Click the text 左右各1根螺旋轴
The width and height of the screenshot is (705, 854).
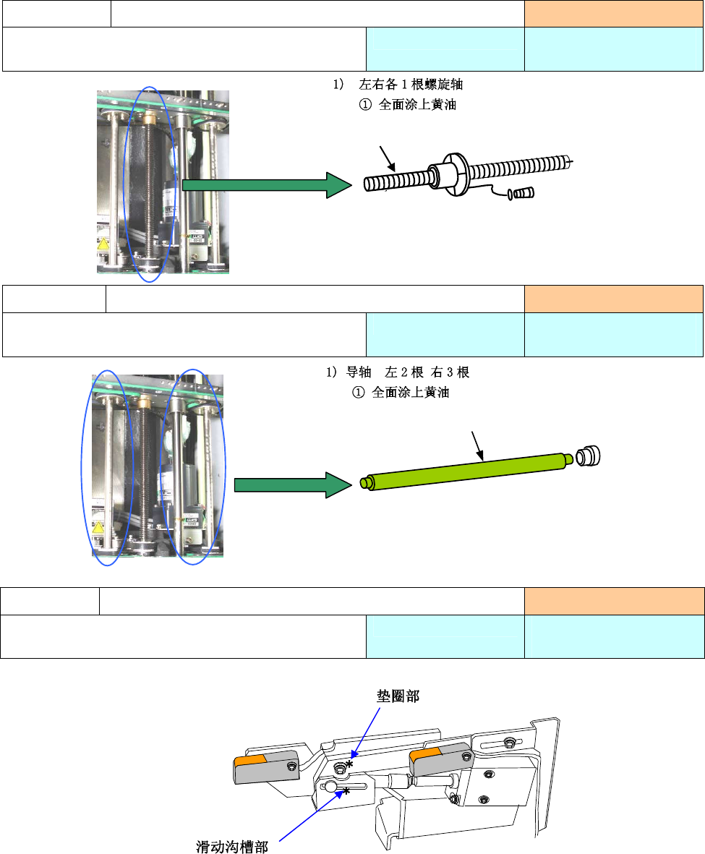pos(411,85)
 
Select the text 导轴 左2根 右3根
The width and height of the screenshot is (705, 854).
pos(408,372)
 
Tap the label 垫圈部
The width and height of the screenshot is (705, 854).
pos(398,696)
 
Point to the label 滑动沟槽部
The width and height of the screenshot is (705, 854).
pos(232,846)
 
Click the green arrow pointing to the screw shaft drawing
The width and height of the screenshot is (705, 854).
pos(267,185)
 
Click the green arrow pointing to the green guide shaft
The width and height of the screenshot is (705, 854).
pos(293,484)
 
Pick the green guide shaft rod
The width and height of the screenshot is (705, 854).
pos(466,471)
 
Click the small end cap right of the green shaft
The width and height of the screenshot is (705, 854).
pos(589,456)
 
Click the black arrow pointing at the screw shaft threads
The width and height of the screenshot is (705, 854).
pos(388,158)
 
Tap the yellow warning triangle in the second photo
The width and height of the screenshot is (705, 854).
pos(98,527)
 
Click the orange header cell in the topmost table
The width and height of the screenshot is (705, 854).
pos(613,14)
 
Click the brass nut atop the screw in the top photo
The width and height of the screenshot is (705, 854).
pos(150,116)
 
